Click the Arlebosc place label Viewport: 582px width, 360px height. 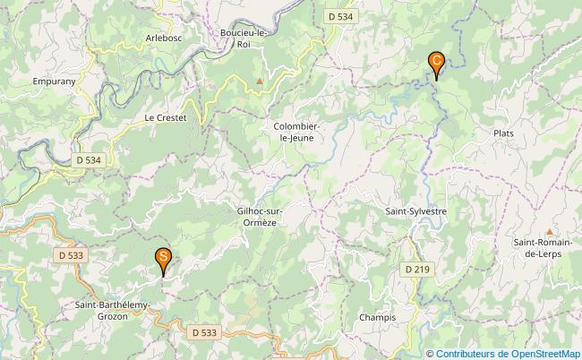point(163,38)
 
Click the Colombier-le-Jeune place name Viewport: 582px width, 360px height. point(296,133)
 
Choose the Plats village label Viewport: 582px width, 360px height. point(503,133)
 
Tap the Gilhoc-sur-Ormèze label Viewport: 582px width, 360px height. point(261,217)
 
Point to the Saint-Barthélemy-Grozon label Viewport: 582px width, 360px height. point(112,310)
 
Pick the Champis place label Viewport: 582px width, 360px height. point(377,318)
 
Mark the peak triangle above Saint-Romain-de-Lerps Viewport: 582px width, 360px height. point(549,230)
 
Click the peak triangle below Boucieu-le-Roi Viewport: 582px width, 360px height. point(260,81)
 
